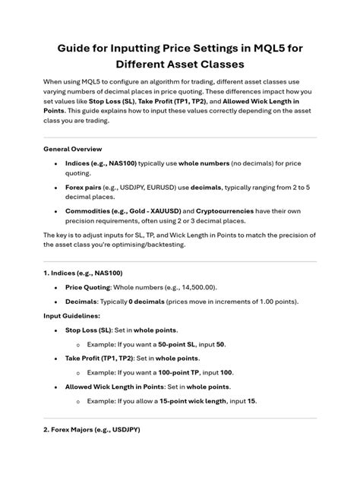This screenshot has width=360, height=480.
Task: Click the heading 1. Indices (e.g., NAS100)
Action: click(83, 273)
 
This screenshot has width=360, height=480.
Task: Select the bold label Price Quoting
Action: click(88, 288)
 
